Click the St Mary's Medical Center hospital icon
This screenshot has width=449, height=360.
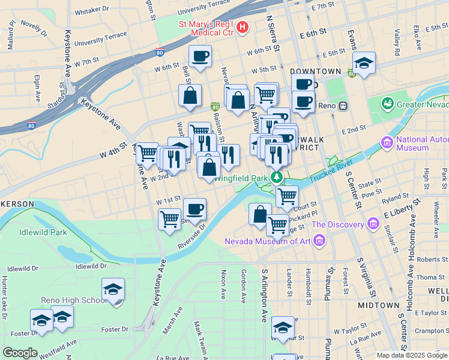click(243, 27)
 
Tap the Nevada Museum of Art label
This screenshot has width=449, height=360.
click(268, 242)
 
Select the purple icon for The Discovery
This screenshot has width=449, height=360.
click(375, 224)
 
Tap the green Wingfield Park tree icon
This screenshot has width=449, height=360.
click(277, 177)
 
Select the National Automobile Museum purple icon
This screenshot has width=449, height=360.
click(387, 143)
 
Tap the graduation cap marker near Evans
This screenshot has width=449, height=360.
click(364, 63)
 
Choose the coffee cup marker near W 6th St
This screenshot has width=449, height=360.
click(200, 57)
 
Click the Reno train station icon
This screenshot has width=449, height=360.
click(343, 106)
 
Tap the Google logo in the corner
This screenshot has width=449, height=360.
click(20, 352)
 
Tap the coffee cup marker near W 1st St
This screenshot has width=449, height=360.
click(194, 209)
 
